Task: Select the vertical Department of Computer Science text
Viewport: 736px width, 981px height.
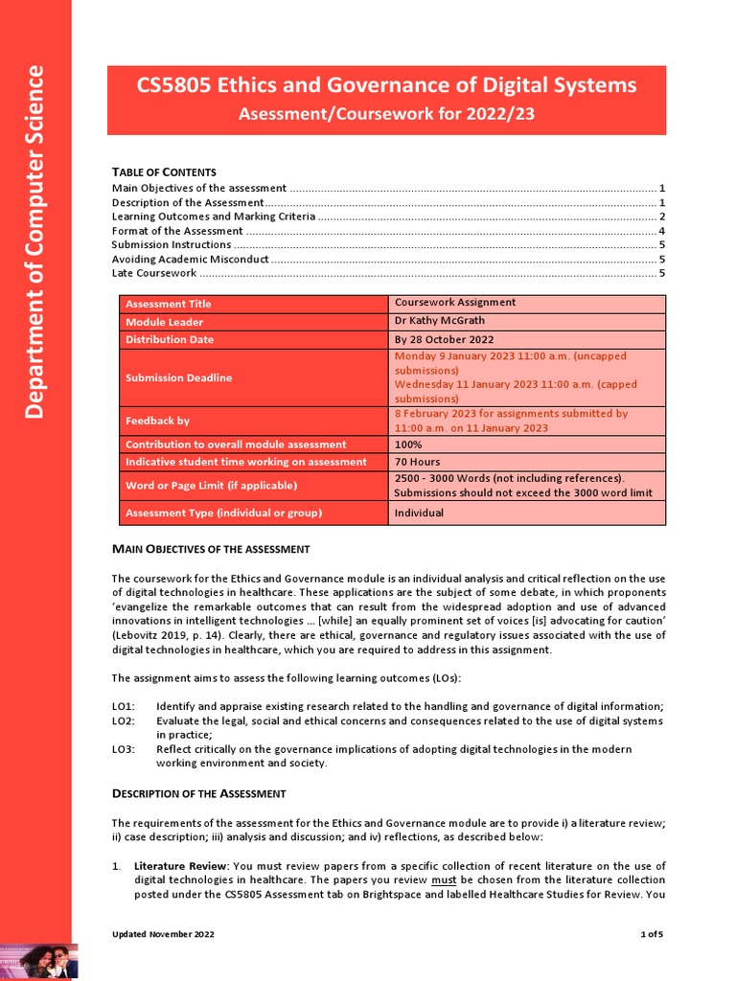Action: coord(34,241)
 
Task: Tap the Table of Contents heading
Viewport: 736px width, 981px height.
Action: coord(164,171)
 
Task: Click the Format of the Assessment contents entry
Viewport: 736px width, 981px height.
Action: coord(177,231)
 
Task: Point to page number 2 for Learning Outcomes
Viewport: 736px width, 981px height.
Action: coord(662,217)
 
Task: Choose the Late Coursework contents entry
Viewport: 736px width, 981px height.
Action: coord(154,273)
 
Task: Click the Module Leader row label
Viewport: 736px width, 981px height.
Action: coord(160,322)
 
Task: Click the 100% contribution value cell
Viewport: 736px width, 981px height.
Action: coord(408,445)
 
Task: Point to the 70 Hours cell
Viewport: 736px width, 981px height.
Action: coord(417,462)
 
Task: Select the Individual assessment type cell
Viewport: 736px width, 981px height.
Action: coord(419,513)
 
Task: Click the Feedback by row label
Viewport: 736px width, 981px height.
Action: coord(157,421)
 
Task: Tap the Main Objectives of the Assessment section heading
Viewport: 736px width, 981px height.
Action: coord(211,549)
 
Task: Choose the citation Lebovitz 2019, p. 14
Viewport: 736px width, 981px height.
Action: coord(157,635)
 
